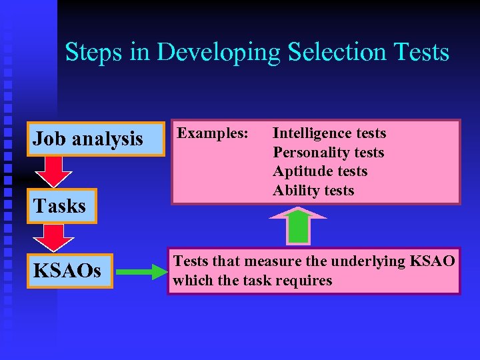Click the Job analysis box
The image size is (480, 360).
95,139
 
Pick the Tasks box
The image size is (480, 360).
61,206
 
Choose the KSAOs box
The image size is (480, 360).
69,271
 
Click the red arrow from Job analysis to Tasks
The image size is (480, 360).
53,172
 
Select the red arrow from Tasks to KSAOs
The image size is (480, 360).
53,238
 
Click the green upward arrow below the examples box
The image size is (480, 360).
298,226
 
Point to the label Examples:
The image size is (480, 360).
213,133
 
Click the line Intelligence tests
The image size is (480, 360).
329,133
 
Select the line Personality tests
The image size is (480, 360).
329,153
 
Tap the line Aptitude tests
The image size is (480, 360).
320,171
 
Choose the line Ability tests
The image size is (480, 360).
313,191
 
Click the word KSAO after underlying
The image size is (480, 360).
434,261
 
